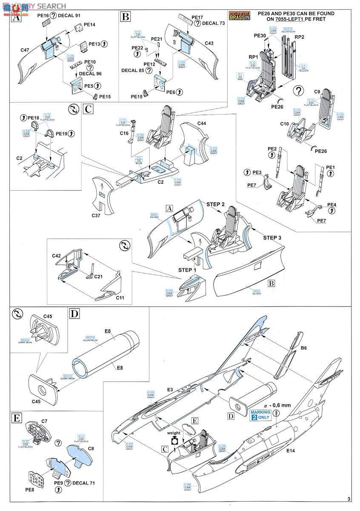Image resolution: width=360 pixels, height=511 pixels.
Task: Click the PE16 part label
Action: (43, 15)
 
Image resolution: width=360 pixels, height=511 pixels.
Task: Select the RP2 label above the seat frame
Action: (300, 37)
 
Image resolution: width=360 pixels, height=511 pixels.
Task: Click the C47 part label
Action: (25, 51)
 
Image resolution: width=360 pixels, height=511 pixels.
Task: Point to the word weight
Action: (174, 433)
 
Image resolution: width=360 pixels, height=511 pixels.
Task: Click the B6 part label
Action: (303, 348)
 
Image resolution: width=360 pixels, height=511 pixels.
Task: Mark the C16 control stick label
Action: (123, 134)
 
